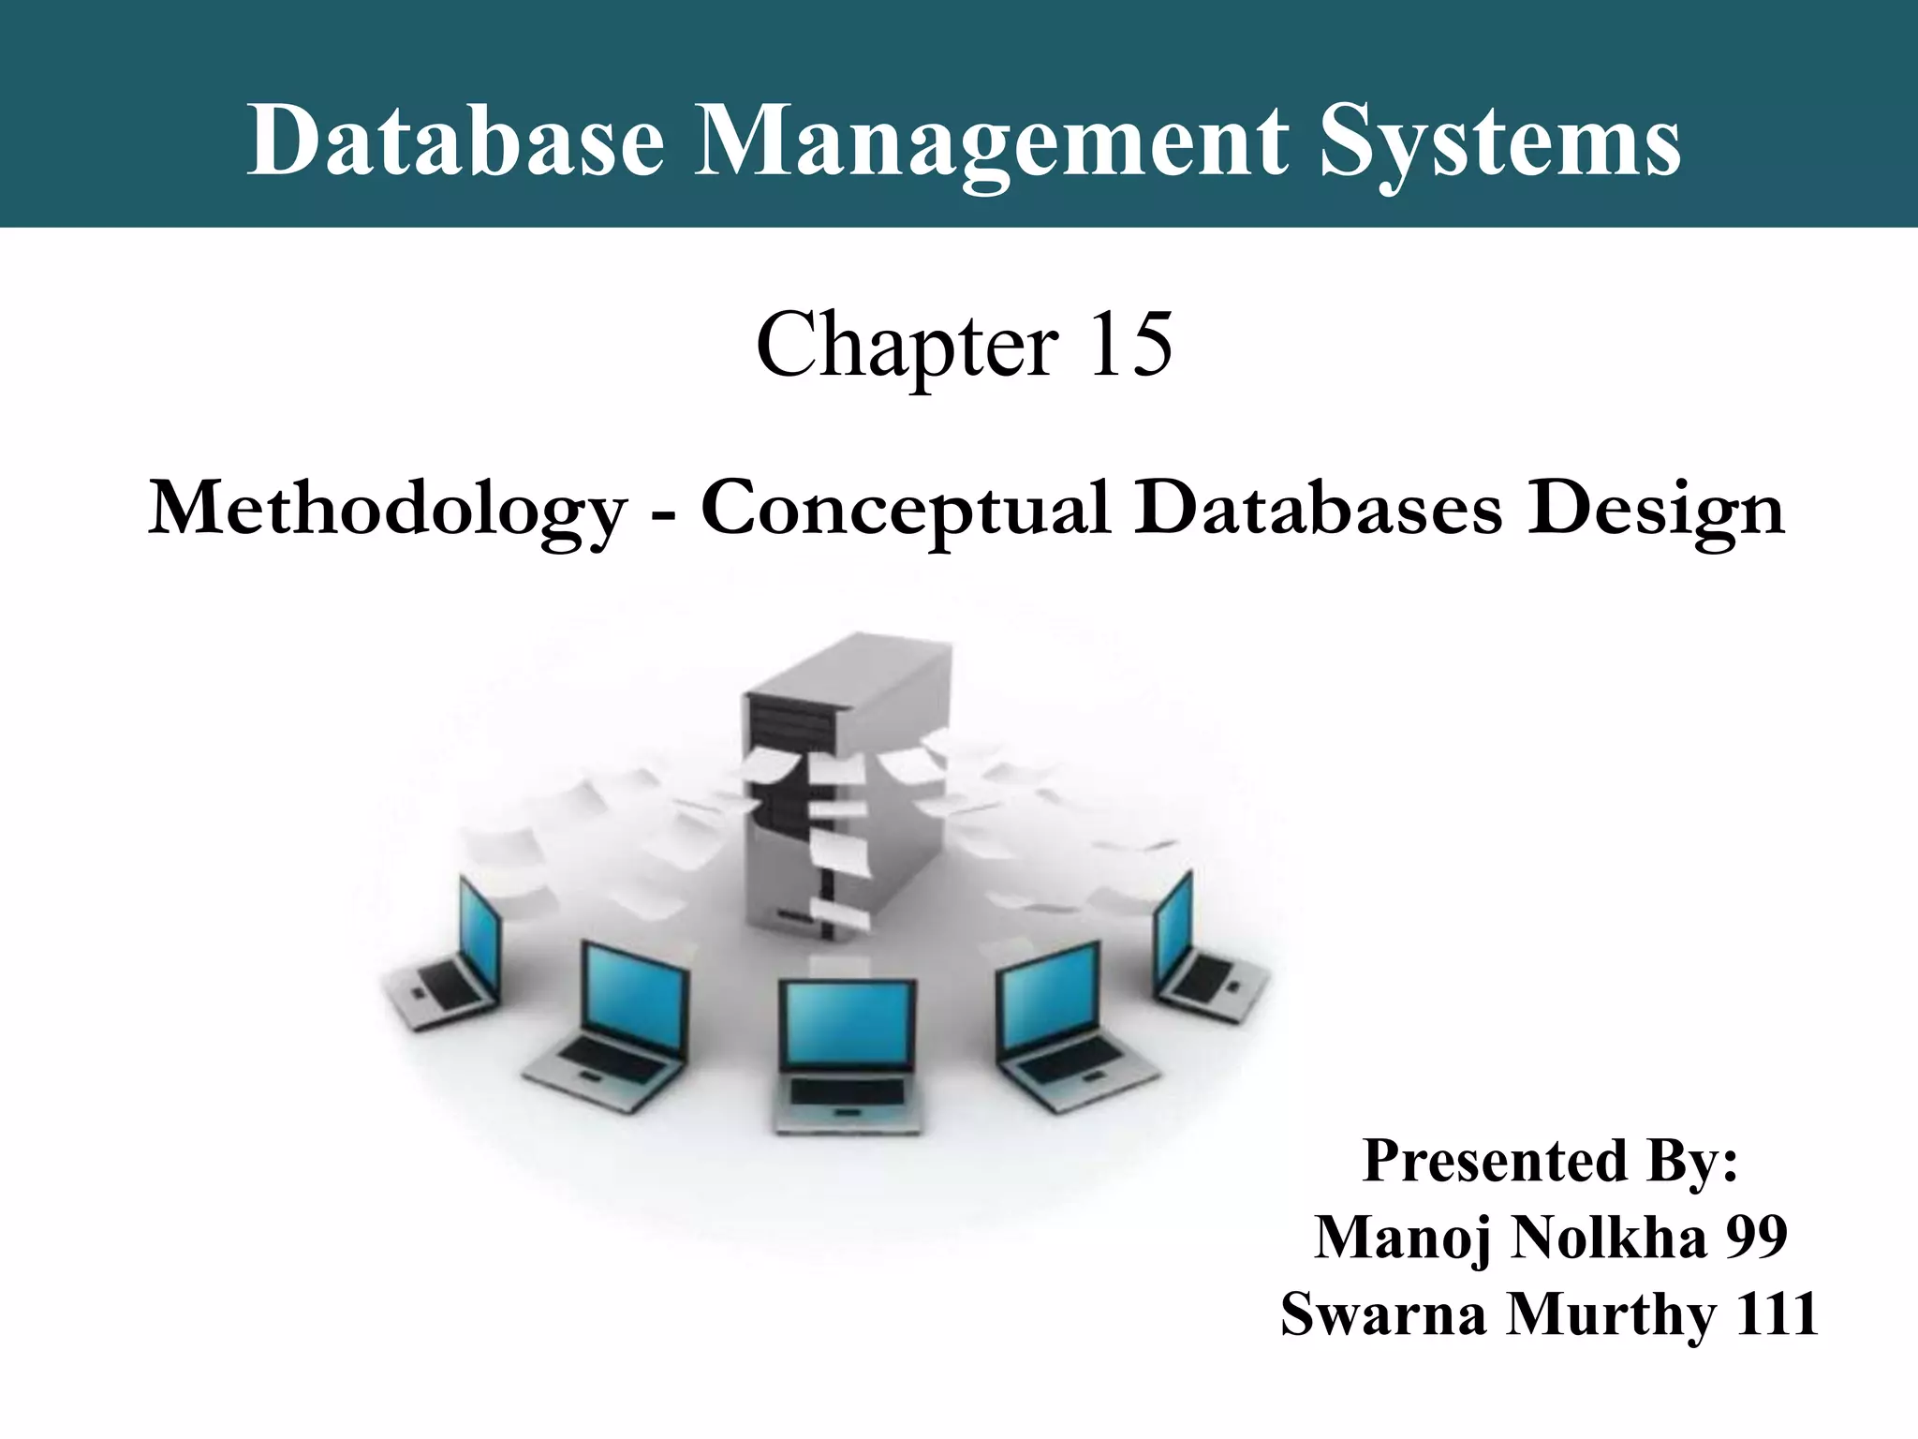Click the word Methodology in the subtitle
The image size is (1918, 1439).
tap(388, 510)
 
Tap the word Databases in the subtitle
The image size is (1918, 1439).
tap(1318, 508)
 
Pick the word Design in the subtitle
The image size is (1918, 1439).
tap(1656, 510)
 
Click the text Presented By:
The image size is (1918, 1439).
tap(1550, 1161)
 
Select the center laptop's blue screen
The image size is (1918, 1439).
tap(848, 1026)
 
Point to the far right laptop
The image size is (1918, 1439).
tap(1203, 956)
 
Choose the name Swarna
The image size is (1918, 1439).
tap(1385, 1313)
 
